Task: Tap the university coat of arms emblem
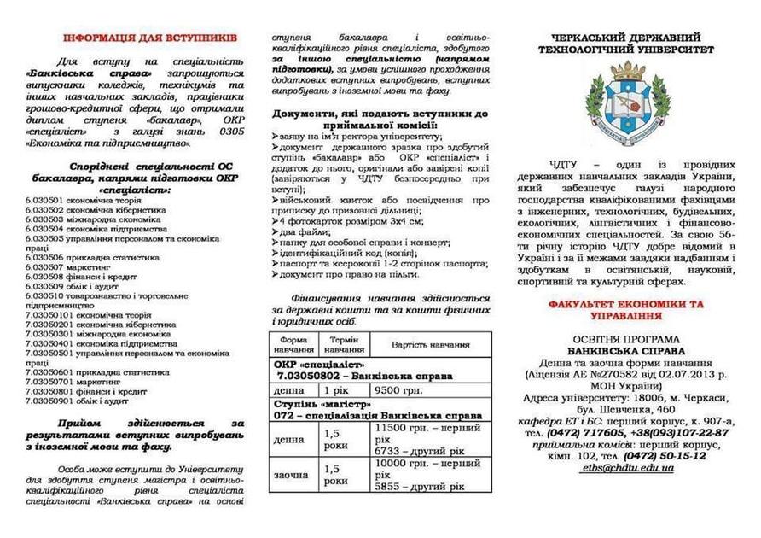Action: point(632,102)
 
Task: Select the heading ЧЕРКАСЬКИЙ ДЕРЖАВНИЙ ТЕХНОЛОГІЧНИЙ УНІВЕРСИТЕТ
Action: point(632,44)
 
